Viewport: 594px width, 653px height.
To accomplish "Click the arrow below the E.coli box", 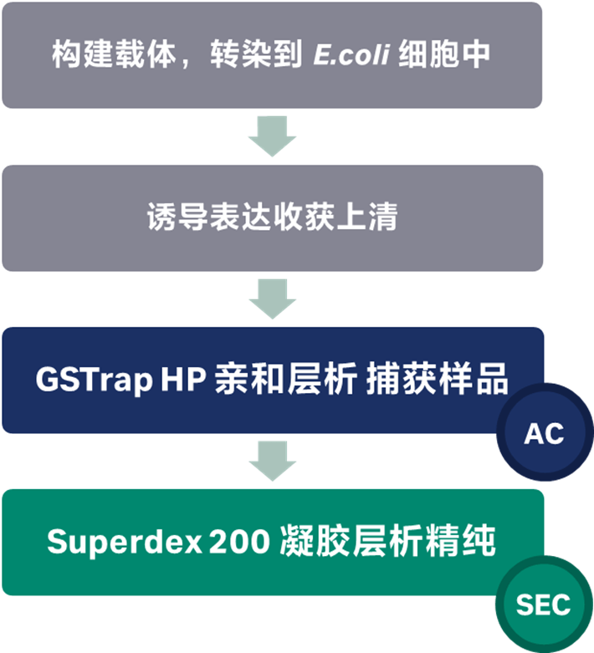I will (273, 135).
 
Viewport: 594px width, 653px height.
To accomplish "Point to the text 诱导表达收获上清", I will (272, 217).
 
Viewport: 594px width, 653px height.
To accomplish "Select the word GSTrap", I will (94, 380).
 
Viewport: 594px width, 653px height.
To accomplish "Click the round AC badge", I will (544, 434).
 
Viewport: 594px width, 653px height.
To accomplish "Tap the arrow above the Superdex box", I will (273, 461).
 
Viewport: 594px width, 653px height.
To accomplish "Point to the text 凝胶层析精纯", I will (384, 542).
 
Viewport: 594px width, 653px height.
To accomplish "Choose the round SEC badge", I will (543, 604).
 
